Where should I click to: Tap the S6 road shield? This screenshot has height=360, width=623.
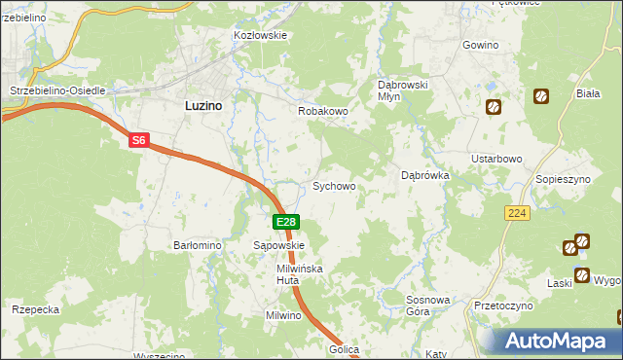click(139, 141)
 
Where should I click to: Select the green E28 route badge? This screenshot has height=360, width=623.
click(284, 223)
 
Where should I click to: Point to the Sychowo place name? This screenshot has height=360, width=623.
click(333, 186)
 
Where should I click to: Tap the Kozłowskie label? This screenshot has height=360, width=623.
click(260, 35)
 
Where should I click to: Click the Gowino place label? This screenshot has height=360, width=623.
click(481, 46)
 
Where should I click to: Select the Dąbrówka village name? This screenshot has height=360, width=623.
click(424, 176)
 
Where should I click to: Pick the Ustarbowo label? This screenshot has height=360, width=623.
click(497, 159)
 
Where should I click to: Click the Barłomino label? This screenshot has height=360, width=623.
click(198, 246)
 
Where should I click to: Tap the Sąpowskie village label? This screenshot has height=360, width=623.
click(279, 246)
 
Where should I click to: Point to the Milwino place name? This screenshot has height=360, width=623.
click(285, 316)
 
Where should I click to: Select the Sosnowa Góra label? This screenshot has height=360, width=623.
click(431, 306)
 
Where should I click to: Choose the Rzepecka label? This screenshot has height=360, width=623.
click(36, 309)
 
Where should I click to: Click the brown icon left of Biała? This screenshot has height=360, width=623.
click(541, 96)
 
